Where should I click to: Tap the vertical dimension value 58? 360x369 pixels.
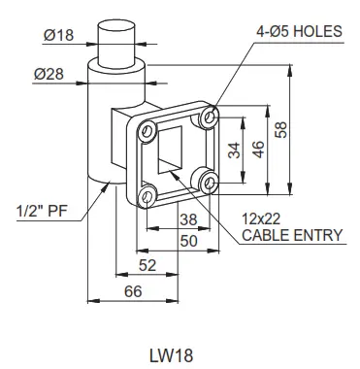click(x=282, y=129)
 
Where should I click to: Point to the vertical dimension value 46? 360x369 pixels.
click(x=259, y=149)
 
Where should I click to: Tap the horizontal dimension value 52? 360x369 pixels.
click(x=147, y=264)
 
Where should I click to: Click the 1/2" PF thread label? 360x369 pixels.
click(x=40, y=210)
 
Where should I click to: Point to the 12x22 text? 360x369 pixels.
click(x=260, y=219)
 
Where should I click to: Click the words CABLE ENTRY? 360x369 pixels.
click(x=284, y=235)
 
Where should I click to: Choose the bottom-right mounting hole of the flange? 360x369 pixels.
click(x=205, y=180)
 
